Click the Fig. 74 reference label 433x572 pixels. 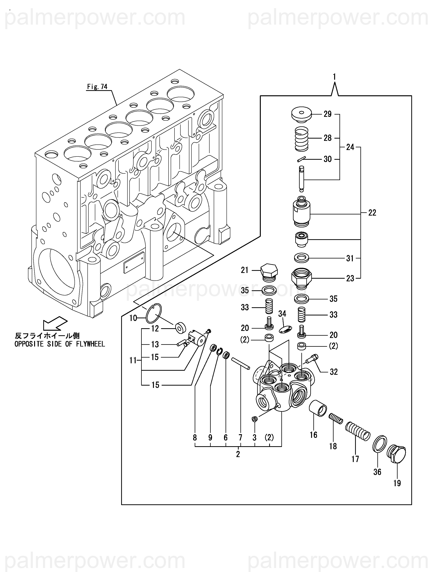[97, 87]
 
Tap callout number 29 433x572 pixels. [327, 114]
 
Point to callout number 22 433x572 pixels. [372, 213]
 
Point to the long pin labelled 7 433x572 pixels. [240, 363]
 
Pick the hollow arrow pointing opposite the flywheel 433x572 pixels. [55, 323]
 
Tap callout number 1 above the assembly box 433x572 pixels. [335, 77]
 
